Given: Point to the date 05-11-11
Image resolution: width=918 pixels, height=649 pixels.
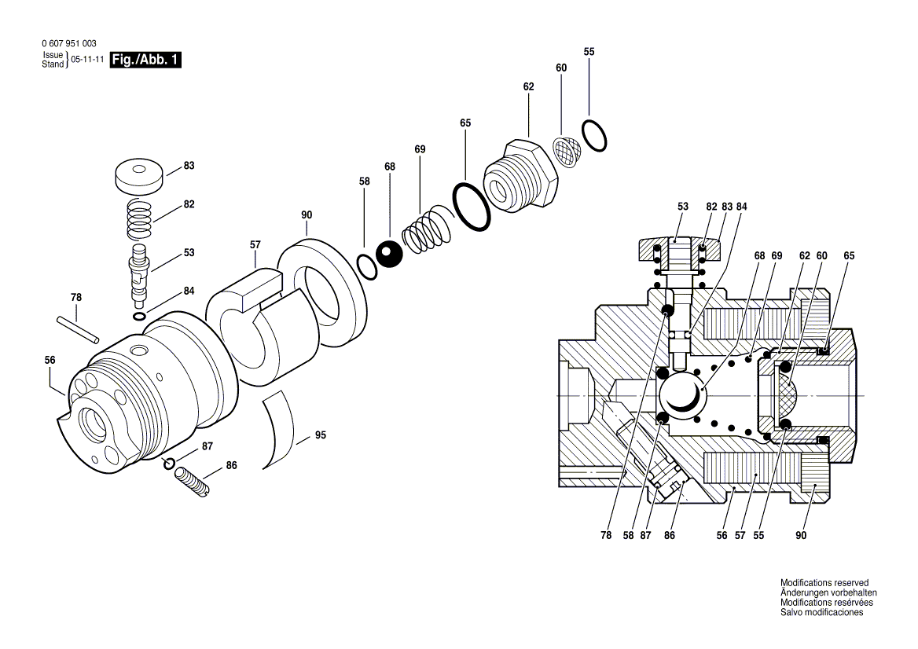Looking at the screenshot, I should click(x=87, y=60).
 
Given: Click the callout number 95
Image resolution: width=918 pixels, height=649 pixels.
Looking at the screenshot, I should click(x=321, y=435).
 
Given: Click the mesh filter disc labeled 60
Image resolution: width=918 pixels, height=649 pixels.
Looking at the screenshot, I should click(x=566, y=151).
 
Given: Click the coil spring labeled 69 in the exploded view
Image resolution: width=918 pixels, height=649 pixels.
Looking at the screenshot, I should click(x=427, y=230).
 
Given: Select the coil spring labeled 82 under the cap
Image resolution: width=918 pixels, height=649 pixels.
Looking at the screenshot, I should click(x=140, y=220).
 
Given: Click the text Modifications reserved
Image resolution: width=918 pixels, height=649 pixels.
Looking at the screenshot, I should click(x=824, y=583).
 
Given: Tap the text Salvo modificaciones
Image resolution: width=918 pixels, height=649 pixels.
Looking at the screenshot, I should click(x=821, y=613).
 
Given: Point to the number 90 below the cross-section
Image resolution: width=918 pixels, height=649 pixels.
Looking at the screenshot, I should click(x=800, y=536).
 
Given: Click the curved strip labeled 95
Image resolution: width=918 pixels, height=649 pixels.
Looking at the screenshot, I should click(x=277, y=431).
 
